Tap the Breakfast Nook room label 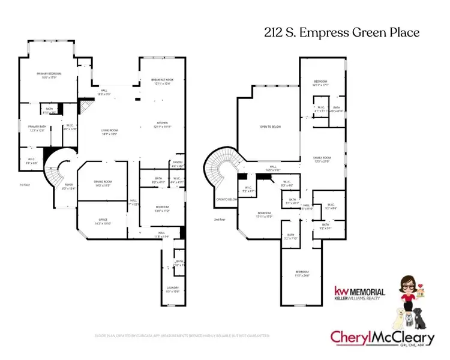[163, 82]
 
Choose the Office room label [103, 221]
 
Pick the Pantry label [177, 163]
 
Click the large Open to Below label [271, 127]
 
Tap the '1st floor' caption [25, 185]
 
